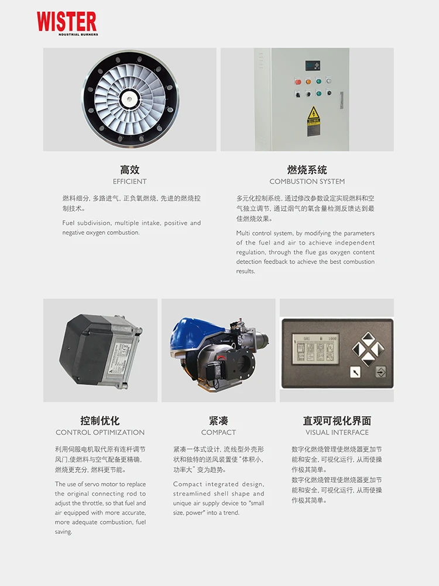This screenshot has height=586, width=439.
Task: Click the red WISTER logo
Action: click(67, 22)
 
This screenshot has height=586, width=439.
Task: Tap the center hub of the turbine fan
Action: click(130, 100)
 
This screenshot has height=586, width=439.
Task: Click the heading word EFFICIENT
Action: click(130, 181)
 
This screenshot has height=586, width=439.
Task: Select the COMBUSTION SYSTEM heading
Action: click(307, 181)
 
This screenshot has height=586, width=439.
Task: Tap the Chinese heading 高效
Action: click(130, 170)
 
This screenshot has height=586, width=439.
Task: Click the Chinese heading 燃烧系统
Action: click(307, 170)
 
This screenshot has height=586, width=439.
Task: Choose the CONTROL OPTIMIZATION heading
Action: click(100, 433)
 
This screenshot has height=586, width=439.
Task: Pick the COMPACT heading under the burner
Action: click(218, 433)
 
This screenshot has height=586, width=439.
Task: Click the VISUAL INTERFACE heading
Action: click(337, 433)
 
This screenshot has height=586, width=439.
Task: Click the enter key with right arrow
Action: click(380, 371)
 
